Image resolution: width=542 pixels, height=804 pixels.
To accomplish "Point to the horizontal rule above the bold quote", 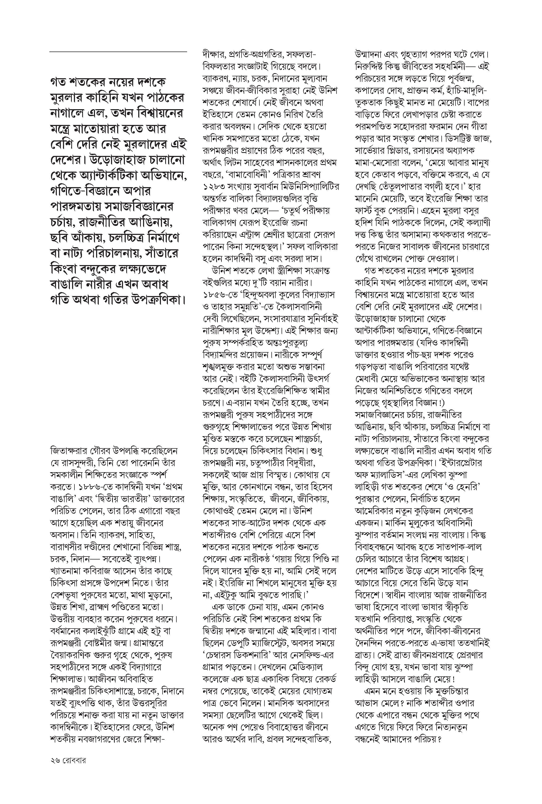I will coord(118,52).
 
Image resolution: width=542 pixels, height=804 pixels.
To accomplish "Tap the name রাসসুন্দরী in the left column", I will coord(85,463).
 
